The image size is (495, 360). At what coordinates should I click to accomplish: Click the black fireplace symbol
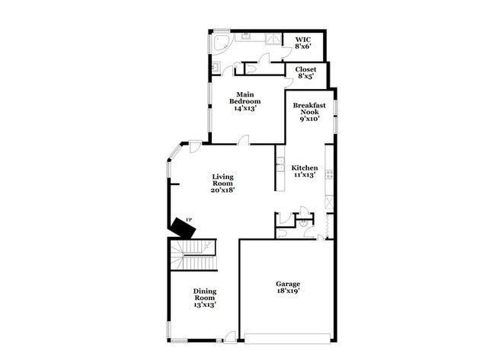181,227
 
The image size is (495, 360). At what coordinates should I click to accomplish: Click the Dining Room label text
204,295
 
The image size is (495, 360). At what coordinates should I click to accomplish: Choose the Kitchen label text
304,167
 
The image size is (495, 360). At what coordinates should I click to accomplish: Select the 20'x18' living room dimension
222,190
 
